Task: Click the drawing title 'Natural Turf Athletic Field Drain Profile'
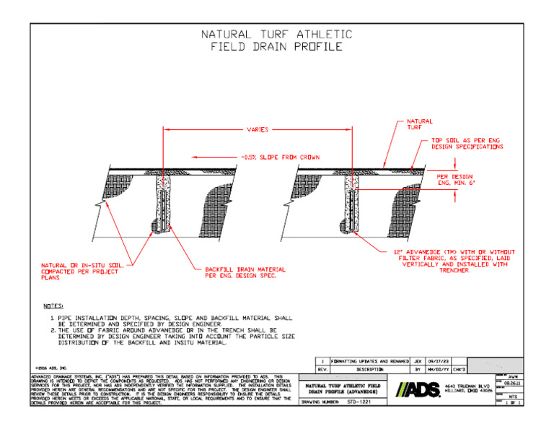[x=276, y=40]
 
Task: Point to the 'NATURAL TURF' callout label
[x=420, y=124]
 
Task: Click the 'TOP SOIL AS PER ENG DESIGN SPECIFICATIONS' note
[x=465, y=143]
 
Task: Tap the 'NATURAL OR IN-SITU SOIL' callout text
[x=82, y=271]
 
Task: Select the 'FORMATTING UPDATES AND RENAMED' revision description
[x=370, y=360]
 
